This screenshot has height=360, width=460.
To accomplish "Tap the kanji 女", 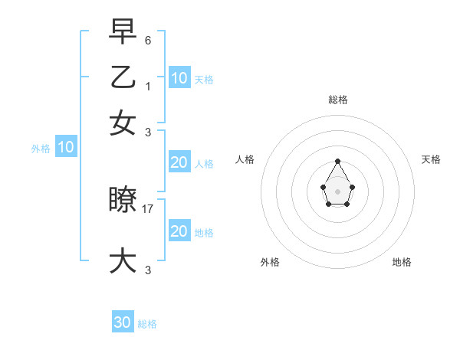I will (x=123, y=123).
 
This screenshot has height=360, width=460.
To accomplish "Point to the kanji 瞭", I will (x=123, y=200).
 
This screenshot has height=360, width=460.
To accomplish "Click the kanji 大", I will (x=123, y=260).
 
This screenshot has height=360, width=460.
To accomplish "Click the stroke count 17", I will (x=148, y=208).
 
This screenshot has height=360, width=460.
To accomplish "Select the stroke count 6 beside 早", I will (x=148, y=39).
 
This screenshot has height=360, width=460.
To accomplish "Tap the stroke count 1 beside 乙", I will (x=148, y=86).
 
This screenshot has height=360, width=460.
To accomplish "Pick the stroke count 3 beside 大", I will (x=148, y=270).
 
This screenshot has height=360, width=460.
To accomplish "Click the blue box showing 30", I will (x=123, y=322).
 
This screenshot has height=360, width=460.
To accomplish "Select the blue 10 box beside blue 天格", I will (x=179, y=78).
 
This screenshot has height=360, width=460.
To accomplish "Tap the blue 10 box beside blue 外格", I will (x=66, y=148).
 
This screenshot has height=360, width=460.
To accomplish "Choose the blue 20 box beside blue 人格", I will (x=179, y=162).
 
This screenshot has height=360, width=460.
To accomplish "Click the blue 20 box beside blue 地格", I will (x=179, y=231).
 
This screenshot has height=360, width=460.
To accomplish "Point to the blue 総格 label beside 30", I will (x=147, y=324).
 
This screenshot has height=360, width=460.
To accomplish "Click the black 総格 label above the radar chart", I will (x=337, y=100).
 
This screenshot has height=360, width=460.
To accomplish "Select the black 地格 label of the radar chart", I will (x=402, y=262).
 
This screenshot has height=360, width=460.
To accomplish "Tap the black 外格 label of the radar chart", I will (x=270, y=262).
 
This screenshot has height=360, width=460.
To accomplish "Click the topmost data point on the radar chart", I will (x=337, y=161).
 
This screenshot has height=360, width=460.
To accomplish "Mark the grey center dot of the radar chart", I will (x=337, y=191).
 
